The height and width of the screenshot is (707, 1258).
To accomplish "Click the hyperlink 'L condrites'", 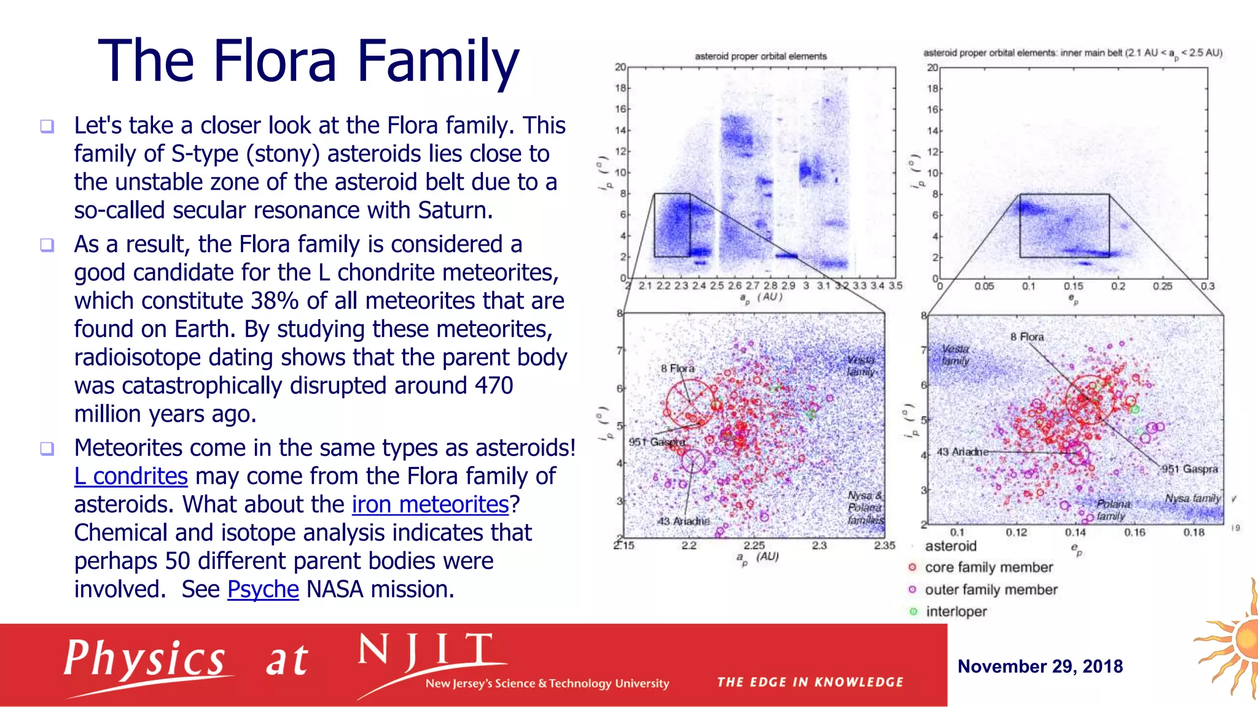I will coord(131,476).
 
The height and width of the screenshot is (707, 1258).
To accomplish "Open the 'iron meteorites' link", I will coord(430,504).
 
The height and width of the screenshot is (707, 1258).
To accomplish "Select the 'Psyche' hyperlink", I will coord(263,589).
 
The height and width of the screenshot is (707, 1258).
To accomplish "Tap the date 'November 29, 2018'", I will coord(1040,666).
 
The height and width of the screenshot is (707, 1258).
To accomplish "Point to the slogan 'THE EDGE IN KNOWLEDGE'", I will coord(810,682).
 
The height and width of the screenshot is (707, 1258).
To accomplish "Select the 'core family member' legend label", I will coord(988,568).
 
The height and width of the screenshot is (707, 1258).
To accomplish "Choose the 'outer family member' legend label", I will coord(991,590).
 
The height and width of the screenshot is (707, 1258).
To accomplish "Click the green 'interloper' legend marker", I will coord(913,612).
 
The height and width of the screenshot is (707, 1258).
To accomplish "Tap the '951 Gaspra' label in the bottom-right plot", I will coord(1189,469).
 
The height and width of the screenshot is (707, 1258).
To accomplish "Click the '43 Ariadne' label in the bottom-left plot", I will coord(683,521).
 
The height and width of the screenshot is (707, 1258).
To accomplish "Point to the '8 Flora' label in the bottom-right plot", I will coord(1026,337).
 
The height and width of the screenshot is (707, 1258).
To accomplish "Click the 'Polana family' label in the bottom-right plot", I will coord(1112,510).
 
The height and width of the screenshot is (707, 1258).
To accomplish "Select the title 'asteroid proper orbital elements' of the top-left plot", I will coord(760,56).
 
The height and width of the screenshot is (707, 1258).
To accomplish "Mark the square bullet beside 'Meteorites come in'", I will coord(47,449).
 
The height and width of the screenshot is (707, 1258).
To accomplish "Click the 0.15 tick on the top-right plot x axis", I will coord(1073,287).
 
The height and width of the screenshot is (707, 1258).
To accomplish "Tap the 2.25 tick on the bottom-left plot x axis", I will coord(754,546).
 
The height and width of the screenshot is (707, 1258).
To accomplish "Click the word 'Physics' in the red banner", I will coord(144,659).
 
